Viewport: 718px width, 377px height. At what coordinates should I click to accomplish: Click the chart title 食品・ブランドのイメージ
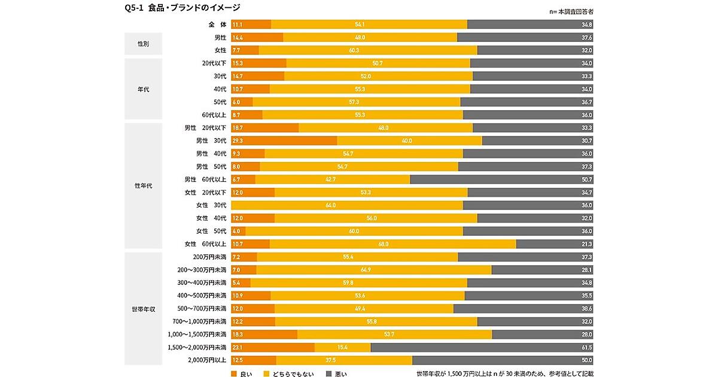[179, 7]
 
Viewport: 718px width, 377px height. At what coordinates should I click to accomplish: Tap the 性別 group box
[144, 44]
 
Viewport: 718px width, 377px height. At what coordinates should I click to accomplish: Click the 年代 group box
[144, 89]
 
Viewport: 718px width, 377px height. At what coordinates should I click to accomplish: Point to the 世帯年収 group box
[144, 309]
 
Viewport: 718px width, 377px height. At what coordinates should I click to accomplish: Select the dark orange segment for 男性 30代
[284, 141]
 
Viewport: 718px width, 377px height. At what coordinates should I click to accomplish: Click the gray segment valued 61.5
[482, 347]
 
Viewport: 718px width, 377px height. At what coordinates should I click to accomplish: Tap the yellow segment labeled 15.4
[342, 347]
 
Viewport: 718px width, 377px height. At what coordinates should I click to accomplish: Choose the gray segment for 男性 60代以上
[501, 180]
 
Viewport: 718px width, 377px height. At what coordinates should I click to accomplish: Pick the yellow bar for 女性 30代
[347, 205]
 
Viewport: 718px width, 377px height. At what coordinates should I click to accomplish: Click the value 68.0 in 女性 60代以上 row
[383, 244]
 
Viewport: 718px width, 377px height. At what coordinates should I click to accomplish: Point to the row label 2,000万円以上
[207, 360]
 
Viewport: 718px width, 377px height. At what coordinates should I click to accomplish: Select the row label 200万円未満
[209, 257]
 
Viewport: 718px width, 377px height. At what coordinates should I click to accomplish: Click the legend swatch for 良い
[234, 374]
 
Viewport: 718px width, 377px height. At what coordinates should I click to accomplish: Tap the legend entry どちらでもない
[290, 374]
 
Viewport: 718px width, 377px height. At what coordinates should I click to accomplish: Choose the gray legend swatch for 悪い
[328, 374]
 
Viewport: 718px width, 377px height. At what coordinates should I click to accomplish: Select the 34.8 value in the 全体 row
[586, 25]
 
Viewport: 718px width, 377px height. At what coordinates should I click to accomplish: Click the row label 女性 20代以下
[205, 193]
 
